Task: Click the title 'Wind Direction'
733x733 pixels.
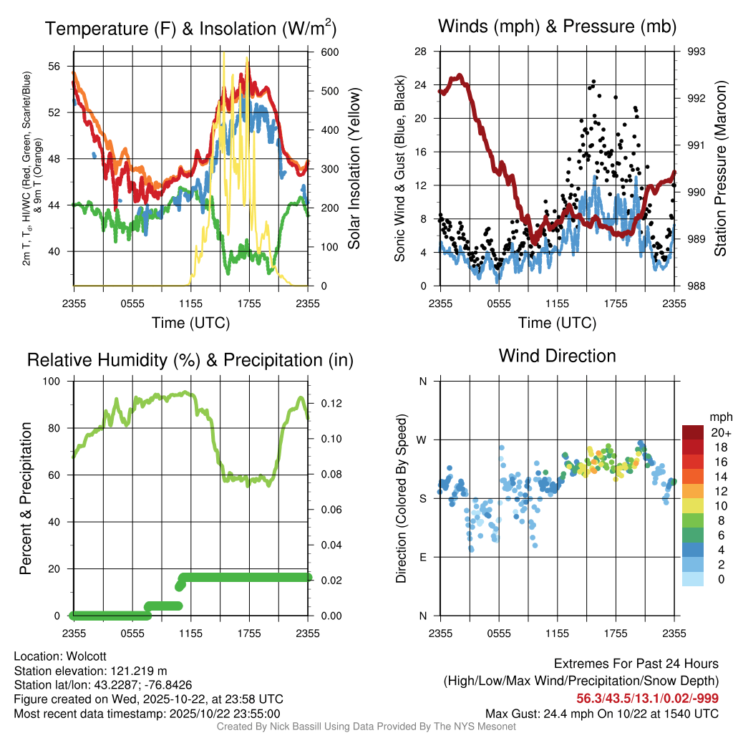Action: pyautogui.click(x=557, y=356)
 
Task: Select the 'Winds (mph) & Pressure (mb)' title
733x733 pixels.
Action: pyautogui.click(x=557, y=27)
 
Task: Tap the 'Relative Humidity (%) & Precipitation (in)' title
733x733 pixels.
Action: pyautogui.click(x=190, y=360)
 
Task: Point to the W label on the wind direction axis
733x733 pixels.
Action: pyautogui.click(x=422, y=440)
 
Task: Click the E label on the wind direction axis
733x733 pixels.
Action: pyautogui.click(x=422, y=557)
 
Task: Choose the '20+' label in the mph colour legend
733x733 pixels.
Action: pyautogui.click(x=717, y=432)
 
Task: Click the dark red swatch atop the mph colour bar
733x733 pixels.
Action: pyautogui.click(x=693, y=432)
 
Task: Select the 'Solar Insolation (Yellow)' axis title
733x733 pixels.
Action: pyautogui.click(x=354, y=169)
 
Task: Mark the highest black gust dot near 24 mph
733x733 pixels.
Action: pyautogui.click(x=593, y=82)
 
